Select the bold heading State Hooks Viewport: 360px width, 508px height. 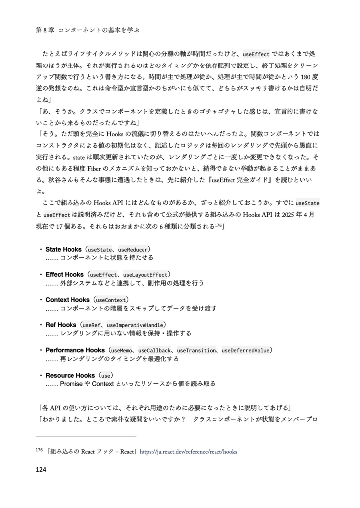[64, 249]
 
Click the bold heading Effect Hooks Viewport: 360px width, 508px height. [65, 274]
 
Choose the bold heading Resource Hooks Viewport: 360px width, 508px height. [70, 375]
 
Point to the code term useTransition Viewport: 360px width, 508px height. [196, 350]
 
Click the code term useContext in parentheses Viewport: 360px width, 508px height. [111, 300]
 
